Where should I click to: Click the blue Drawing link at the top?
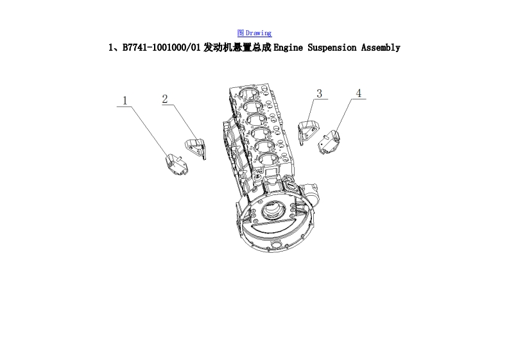pos(254,33)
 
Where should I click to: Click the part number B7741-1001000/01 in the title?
pos(161,47)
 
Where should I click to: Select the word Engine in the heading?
pos(288,48)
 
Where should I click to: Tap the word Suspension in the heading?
pos(332,48)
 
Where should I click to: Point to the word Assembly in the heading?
pos(381,48)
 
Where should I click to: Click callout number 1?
pos(125,101)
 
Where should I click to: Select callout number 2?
pos(165,99)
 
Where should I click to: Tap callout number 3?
pos(320,94)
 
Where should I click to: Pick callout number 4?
pos(359,93)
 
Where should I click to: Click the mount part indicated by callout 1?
pos(176,164)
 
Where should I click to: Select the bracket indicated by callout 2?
pos(195,148)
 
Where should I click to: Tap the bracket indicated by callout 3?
pos(308,131)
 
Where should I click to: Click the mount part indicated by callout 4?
pos(329,142)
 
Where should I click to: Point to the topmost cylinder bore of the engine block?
pos(248,94)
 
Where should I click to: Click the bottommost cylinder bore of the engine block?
pos(269,160)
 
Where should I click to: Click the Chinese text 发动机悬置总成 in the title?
pos(237,47)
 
